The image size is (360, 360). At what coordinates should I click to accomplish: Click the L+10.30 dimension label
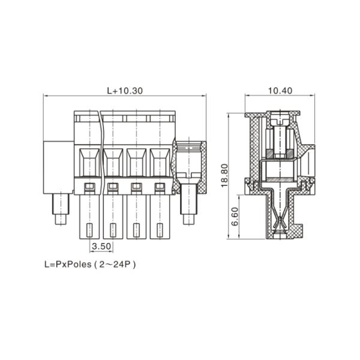click(125, 91)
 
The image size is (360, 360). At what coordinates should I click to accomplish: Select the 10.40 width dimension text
click(280, 91)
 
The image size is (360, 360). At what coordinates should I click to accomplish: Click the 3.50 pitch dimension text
click(101, 247)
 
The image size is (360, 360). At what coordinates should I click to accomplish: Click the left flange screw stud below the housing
click(61, 208)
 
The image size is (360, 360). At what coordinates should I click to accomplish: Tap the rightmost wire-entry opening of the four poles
click(160, 162)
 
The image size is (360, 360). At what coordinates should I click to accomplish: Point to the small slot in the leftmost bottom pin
click(89, 230)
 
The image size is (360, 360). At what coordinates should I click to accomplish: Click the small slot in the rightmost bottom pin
click(160, 230)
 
